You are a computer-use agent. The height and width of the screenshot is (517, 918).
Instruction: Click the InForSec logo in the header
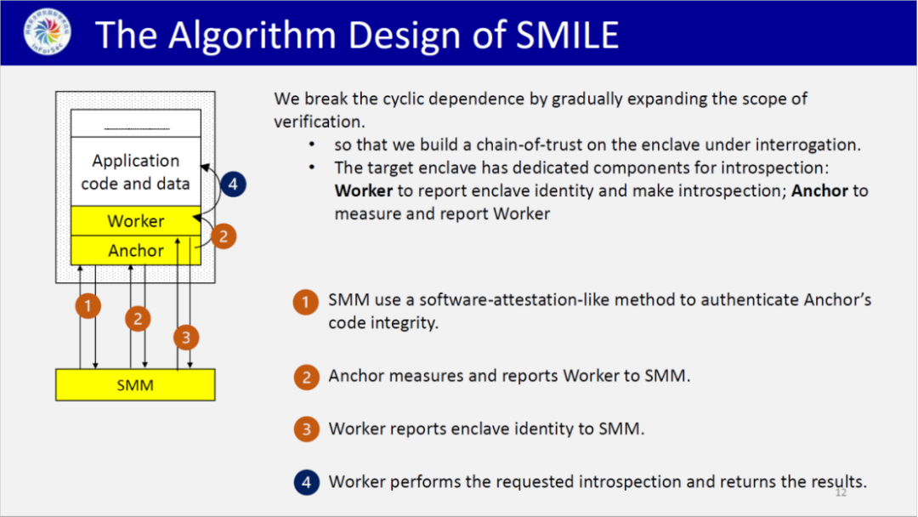tap(48, 31)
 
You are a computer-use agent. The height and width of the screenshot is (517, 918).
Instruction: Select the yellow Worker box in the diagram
tap(136, 221)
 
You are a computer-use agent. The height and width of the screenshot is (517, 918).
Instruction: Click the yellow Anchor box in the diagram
tap(136, 251)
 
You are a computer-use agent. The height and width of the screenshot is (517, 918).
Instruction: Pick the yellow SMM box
tap(135, 384)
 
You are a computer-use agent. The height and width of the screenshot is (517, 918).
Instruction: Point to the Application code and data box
tap(136, 172)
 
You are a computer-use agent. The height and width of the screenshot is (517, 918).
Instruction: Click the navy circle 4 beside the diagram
tap(233, 185)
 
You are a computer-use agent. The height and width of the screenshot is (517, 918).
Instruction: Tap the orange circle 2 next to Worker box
tap(223, 236)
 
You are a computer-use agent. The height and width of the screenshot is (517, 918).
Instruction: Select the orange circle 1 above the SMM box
tap(88, 305)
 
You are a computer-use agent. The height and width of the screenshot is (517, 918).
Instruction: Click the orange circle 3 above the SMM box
tap(186, 338)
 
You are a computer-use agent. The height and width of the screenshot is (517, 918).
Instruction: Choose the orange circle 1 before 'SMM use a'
tap(306, 302)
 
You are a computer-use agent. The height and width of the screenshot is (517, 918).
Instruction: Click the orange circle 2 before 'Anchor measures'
tap(306, 377)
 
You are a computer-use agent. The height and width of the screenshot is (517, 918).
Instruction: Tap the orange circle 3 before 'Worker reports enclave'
tap(306, 429)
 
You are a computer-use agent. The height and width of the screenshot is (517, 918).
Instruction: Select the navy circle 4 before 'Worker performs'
tap(306, 482)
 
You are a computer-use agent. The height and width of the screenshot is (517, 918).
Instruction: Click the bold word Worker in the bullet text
tap(364, 190)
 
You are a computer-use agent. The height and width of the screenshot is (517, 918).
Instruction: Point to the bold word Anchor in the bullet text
tap(819, 190)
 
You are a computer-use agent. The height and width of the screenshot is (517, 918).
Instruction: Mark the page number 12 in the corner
tap(841, 493)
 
